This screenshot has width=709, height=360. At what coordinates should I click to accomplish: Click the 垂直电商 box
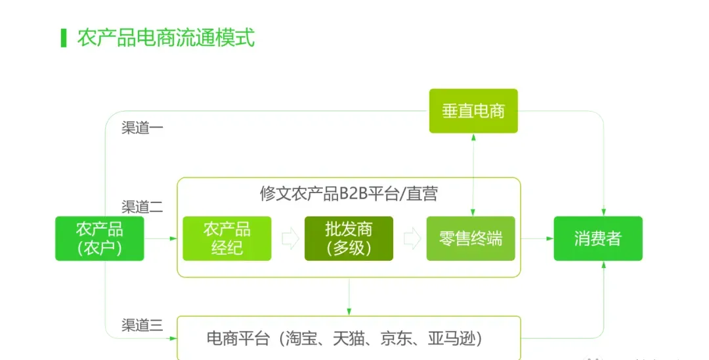coord(473,110)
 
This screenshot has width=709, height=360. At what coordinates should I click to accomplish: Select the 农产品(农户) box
coord(99,238)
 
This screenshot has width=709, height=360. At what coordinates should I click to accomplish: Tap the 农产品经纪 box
coord(226,238)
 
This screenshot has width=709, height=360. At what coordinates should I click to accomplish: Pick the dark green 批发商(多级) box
coord(349,238)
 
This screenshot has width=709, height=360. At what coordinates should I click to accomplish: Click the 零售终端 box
coord(471,238)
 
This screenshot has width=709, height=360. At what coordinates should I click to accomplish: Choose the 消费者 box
coord(597,238)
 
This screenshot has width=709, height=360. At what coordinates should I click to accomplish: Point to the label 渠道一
coord(142,127)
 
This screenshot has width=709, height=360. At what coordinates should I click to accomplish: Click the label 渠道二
coord(142,207)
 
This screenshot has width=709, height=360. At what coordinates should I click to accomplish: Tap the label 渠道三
coord(142,325)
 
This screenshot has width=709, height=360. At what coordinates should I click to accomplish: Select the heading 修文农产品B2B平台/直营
coord(349,194)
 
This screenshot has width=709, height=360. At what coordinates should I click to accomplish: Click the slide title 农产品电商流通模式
coord(165,37)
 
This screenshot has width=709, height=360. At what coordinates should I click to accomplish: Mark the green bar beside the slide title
coord(64,37)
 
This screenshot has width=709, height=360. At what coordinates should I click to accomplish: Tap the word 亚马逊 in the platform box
coord(453,339)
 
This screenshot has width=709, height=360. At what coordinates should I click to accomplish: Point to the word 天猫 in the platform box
coord(349,339)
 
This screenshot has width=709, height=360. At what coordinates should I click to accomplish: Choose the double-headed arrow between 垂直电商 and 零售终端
coord(473,174)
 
